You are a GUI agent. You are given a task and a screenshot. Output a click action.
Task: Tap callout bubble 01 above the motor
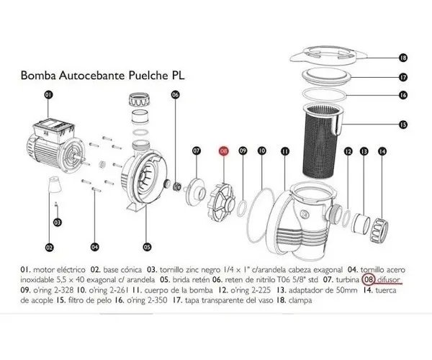point(49,94)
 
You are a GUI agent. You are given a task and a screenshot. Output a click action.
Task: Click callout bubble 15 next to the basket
point(402,125)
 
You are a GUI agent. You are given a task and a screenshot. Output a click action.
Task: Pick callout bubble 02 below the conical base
point(49,247)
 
